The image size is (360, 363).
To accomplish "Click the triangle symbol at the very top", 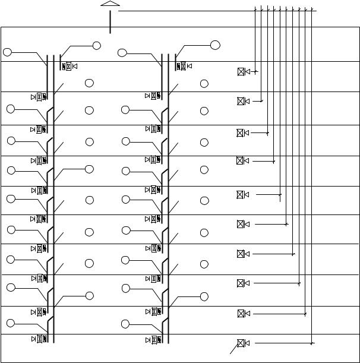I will [110, 4].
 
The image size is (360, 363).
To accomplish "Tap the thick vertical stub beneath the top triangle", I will [110, 23].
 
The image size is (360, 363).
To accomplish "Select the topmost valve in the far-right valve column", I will [241, 72].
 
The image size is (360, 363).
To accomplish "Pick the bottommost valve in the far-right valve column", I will [241, 343].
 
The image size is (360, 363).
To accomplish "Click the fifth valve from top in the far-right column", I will [241, 194].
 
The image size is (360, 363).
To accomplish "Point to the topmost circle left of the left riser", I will [7, 52].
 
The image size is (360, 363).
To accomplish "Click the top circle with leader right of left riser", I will [96, 46].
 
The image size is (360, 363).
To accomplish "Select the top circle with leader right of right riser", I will [215, 45].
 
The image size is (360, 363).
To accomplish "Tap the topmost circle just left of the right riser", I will [122, 53].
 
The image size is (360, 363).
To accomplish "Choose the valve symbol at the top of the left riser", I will [69, 66].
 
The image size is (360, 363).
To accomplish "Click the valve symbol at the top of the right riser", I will [183, 66].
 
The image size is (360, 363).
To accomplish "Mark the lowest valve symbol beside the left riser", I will [40, 339].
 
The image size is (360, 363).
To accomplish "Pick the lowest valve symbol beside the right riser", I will [154, 340].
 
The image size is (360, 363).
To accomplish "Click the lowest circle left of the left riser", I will [11, 323].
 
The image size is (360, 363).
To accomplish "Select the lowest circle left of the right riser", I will [125, 323].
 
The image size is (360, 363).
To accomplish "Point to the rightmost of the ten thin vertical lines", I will [312, 178].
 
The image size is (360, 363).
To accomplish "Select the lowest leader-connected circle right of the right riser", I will [204, 296].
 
